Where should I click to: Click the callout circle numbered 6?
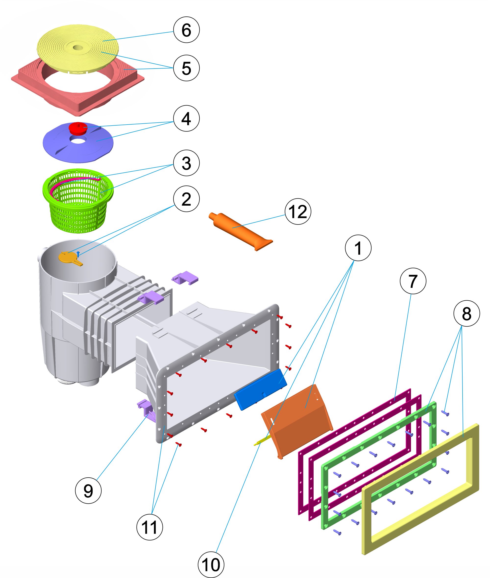pyautogui.click(x=186, y=30)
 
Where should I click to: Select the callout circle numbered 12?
pyautogui.click(x=298, y=212)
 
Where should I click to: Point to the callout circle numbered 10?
pyautogui.click(x=211, y=565)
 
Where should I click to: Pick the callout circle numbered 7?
pyautogui.click(x=413, y=281)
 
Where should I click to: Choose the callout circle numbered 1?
pyautogui.click(x=358, y=248)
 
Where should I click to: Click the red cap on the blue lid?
pyautogui.click(x=78, y=128)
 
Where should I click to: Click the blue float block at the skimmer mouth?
pyautogui.click(x=260, y=389)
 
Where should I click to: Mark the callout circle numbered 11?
pyautogui.click(x=149, y=527)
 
